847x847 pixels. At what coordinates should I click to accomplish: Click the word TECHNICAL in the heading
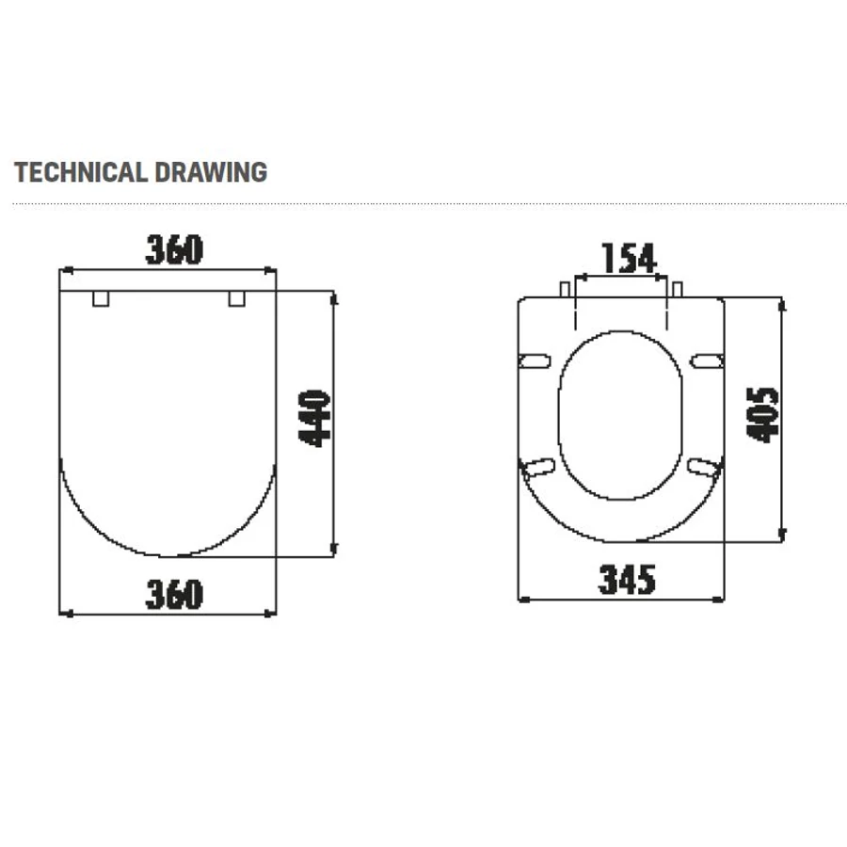(x=81, y=172)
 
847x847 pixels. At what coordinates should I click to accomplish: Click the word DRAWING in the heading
(x=211, y=172)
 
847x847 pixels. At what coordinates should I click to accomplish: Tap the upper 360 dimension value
(x=174, y=249)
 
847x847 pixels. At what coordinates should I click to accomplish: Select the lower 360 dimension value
(x=174, y=594)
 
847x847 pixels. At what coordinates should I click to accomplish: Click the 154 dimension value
(x=630, y=258)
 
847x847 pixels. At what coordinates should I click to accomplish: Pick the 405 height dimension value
(x=762, y=415)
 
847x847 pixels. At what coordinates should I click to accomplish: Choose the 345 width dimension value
(x=627, y=580)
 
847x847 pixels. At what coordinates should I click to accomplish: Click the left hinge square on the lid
(x=101, y=298)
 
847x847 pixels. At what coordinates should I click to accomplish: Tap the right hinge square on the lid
(x=236, y=298)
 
